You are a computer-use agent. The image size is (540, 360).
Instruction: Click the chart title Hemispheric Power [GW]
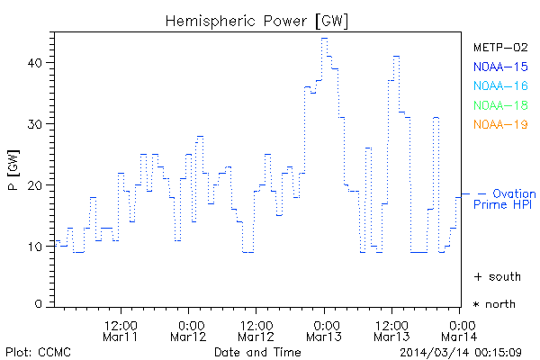click(257, 20)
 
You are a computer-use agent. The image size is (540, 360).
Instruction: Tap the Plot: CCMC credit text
click(38, 351)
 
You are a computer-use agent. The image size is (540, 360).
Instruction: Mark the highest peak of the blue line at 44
click(324, 38)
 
